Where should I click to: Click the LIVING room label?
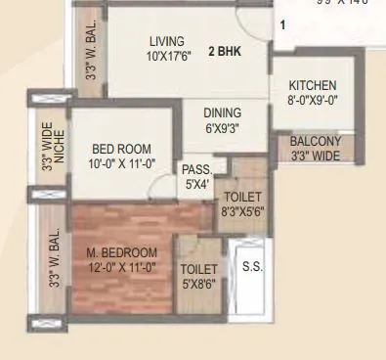click(166, 41)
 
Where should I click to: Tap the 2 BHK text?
click(224, 50)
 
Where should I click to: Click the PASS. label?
click(196, 168)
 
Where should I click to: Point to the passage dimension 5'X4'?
click(196, 182)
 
